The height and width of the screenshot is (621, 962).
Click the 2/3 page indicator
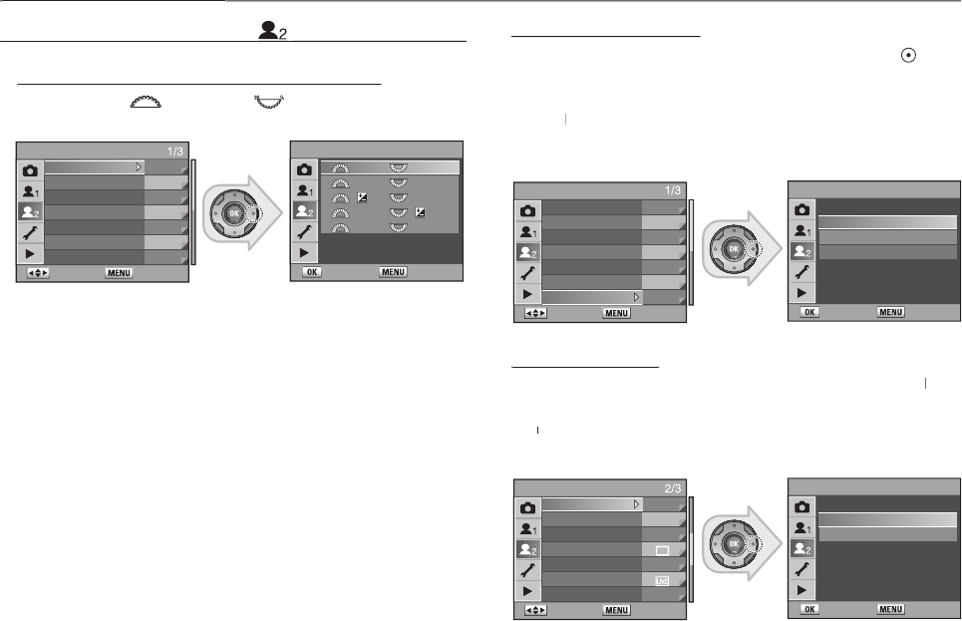673,488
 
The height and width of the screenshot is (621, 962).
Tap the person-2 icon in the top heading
272,31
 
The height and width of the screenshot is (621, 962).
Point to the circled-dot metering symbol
908,55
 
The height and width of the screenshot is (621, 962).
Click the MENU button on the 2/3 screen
616,610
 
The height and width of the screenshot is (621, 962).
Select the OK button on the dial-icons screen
312,272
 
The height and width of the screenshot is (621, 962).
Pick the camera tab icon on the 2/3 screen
527,508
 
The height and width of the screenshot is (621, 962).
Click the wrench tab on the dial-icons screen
304,231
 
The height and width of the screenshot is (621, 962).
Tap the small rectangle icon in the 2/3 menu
662,550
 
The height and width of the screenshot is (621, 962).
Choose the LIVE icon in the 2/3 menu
662,580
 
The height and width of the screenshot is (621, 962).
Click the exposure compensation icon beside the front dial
363,197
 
